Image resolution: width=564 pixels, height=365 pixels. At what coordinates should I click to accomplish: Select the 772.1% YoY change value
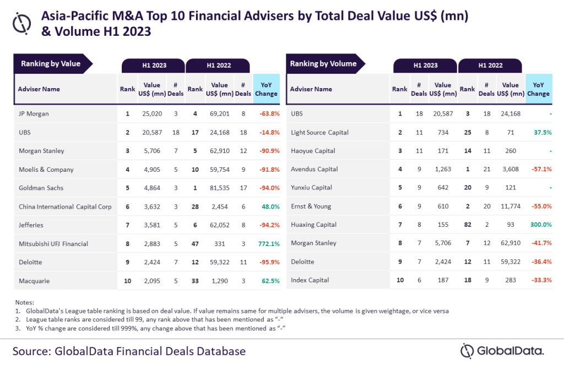[x=267, y=243]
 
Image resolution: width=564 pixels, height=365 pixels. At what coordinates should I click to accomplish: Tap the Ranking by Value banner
[x=51, y=64]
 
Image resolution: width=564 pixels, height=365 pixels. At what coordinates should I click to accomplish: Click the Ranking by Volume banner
[x=323, y=64]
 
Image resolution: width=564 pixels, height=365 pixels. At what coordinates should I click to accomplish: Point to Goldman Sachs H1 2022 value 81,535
[x=219, y=188]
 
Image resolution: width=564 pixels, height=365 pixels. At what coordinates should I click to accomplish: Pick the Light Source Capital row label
[x=319, y=133]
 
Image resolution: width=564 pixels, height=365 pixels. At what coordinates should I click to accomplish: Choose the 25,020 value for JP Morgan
[x=151, y=114]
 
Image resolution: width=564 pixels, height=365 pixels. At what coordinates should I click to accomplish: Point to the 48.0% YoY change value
[x=267, y=206]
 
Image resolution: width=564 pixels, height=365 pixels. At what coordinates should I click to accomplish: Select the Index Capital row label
[x=310, y=280]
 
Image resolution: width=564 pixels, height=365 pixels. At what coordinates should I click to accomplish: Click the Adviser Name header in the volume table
[x=311, y=89]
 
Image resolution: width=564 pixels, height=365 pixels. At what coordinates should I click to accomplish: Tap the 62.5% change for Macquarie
[x=267, y=281]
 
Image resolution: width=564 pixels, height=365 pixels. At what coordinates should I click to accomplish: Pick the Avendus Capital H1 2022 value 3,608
[x=510, y=170]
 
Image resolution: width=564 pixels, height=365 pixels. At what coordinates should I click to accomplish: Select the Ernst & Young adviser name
[x=311, y=206]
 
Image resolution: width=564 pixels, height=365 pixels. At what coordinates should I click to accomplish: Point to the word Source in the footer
[x=34, y=351]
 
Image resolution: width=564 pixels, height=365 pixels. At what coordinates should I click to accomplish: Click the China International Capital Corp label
[x=65, y=206]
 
